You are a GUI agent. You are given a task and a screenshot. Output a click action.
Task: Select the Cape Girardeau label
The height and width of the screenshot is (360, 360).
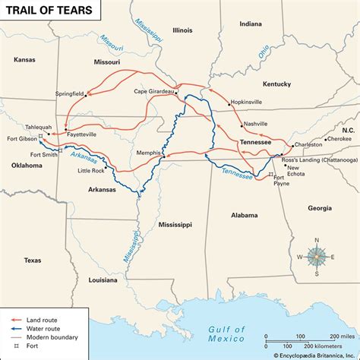click(155, 91)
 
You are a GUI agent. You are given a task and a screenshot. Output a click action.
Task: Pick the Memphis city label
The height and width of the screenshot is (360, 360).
click(149, 153)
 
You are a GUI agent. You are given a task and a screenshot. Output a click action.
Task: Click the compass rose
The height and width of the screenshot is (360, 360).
click(317, 256)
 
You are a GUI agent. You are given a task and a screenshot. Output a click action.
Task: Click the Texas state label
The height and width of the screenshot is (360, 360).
click(32, 261)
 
